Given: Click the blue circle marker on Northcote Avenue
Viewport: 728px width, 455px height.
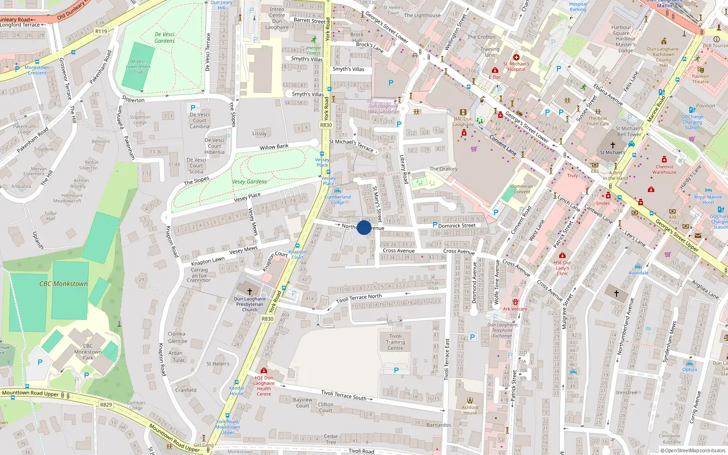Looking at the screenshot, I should click(364, 227).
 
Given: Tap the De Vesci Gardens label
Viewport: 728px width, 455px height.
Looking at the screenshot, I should click(165, 37).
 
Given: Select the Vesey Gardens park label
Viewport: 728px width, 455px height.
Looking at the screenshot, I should click(249, 182).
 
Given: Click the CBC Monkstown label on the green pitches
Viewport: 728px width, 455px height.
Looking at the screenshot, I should click(64, 284).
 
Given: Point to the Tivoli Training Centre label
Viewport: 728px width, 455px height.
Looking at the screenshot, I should click(395, 342).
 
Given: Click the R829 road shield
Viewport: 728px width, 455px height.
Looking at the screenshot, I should click(106, 404).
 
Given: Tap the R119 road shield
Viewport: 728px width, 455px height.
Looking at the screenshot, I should click(101, 31).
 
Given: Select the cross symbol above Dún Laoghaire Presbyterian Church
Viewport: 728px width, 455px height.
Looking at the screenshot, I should click(249, 291).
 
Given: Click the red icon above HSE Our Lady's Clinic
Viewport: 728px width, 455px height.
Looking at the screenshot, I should click(562, 255).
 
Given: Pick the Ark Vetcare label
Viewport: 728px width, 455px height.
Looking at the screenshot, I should click(515, 309).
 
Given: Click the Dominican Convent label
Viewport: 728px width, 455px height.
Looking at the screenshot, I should click(522, 189).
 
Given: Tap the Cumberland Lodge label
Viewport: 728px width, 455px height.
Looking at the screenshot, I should click(338, 199).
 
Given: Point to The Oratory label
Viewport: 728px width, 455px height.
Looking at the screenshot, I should click(444, 169).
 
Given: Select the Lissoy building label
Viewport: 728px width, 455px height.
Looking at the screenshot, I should click(259, 134).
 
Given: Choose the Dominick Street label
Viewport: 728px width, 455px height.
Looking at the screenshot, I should click(457, 226).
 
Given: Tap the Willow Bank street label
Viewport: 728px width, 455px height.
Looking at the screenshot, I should click(274, 147).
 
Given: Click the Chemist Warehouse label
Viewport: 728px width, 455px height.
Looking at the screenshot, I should click(664, 169).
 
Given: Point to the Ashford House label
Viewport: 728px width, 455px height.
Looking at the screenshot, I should click(470, 410).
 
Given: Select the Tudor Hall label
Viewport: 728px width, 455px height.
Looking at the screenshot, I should click(51, 216).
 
